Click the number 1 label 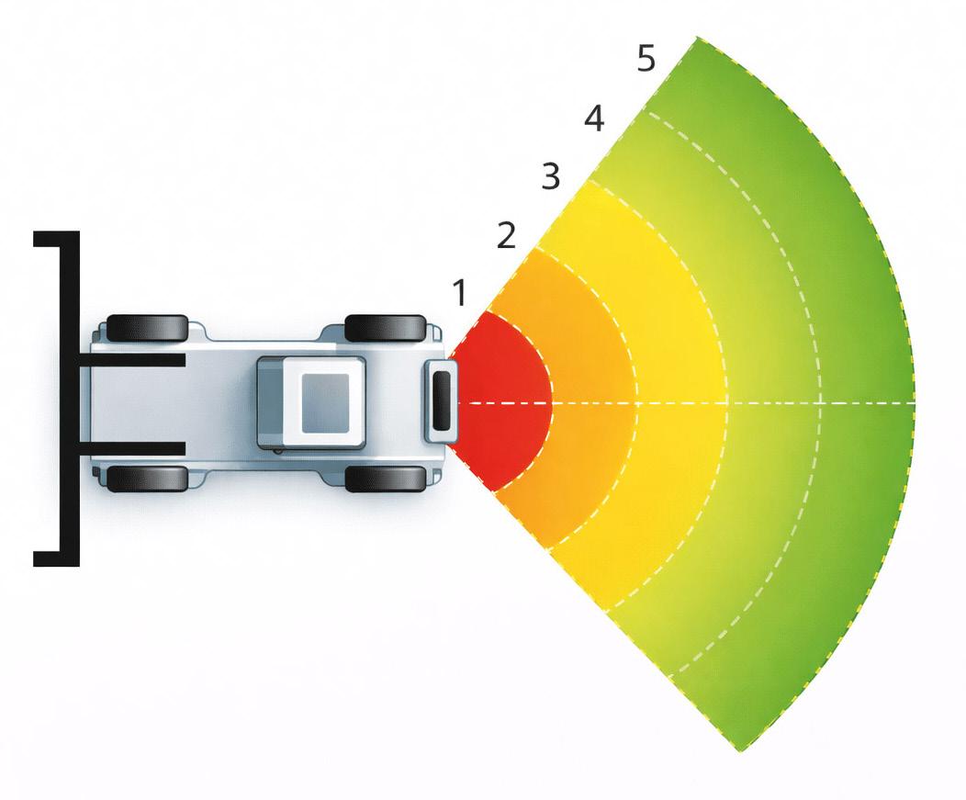pos(460,293)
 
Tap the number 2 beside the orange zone pos(506,236)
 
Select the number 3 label pos(550,176)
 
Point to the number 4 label pos(594,118)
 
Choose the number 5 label pos(646,59)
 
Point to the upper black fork pos(138,360)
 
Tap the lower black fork pos(138,448)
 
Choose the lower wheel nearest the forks pos(148,479)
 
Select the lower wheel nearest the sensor pos(386,479)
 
